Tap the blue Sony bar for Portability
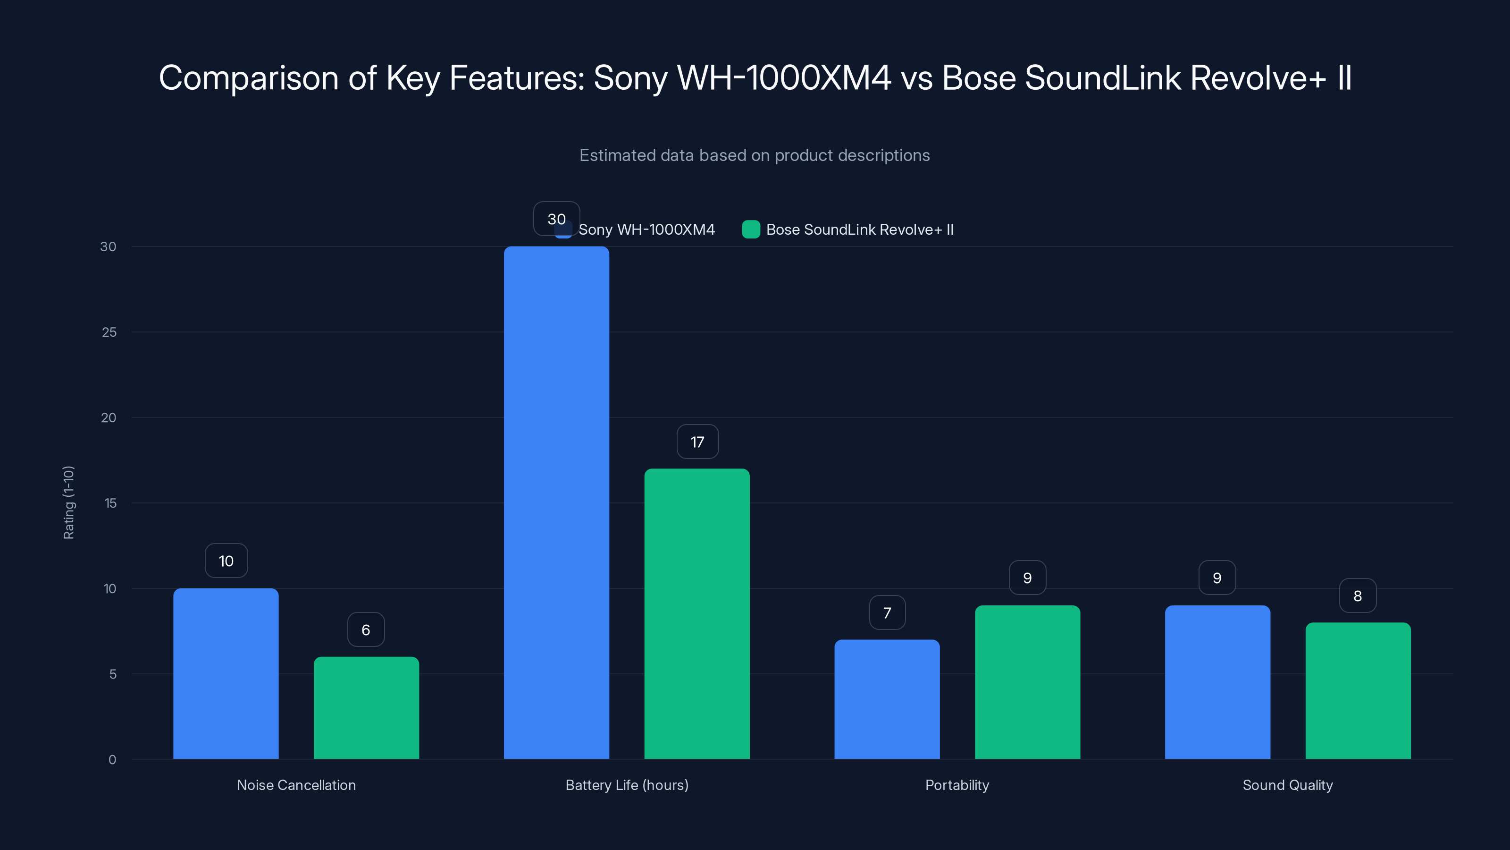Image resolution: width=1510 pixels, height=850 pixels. tap(887, 699)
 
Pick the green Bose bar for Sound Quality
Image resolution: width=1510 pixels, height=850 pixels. tap(1358, 690)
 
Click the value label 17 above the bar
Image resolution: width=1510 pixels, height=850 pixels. tap(697, 442)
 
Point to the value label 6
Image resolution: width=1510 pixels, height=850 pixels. tap(366, 629)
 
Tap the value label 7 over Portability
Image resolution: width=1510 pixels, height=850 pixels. tap(887, 612)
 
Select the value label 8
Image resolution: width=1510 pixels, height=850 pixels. tap(1358, 595)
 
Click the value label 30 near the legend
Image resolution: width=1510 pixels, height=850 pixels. tap(556, 219)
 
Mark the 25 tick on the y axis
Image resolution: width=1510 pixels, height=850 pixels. tap(109, 332)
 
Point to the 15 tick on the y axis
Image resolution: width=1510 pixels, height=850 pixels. tap(110, 503)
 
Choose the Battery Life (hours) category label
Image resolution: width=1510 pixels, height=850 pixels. tap(627, 785)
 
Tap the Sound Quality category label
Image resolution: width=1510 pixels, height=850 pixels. tap(1287, 785)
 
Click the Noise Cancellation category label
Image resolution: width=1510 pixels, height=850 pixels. tap(296, 785)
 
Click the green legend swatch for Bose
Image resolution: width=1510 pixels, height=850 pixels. tap(750, 229)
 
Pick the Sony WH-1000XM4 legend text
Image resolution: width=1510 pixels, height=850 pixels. tap(646, 229)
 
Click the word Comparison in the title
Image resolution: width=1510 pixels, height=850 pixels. tap(249, 78)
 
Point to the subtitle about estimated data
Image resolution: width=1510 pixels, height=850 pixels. tap(755, 155)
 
